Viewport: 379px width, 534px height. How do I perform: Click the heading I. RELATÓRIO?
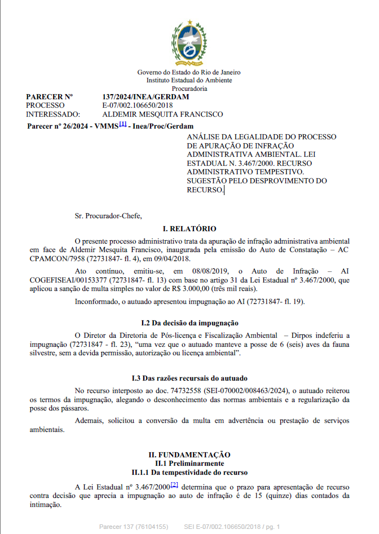(189, 229)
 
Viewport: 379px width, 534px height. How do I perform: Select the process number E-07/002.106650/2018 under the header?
(138, 105)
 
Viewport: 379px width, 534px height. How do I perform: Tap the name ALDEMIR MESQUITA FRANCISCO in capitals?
(162, 114)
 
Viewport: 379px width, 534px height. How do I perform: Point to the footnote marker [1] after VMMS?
(122, 125)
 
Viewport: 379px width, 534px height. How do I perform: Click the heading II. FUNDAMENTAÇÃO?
(189, 454)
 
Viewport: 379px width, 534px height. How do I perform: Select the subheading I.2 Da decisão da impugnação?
(189, 323)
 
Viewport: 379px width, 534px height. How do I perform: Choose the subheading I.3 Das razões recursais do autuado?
(189, 378)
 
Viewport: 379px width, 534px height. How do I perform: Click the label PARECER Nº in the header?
(50, 97)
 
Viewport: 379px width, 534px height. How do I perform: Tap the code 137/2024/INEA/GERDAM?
(146, 97)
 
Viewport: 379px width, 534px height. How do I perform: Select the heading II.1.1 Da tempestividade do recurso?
(189, 471)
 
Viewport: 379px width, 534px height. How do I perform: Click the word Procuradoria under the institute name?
(189, 89)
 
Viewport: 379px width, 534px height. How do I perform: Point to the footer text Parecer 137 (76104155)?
(133, 527)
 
